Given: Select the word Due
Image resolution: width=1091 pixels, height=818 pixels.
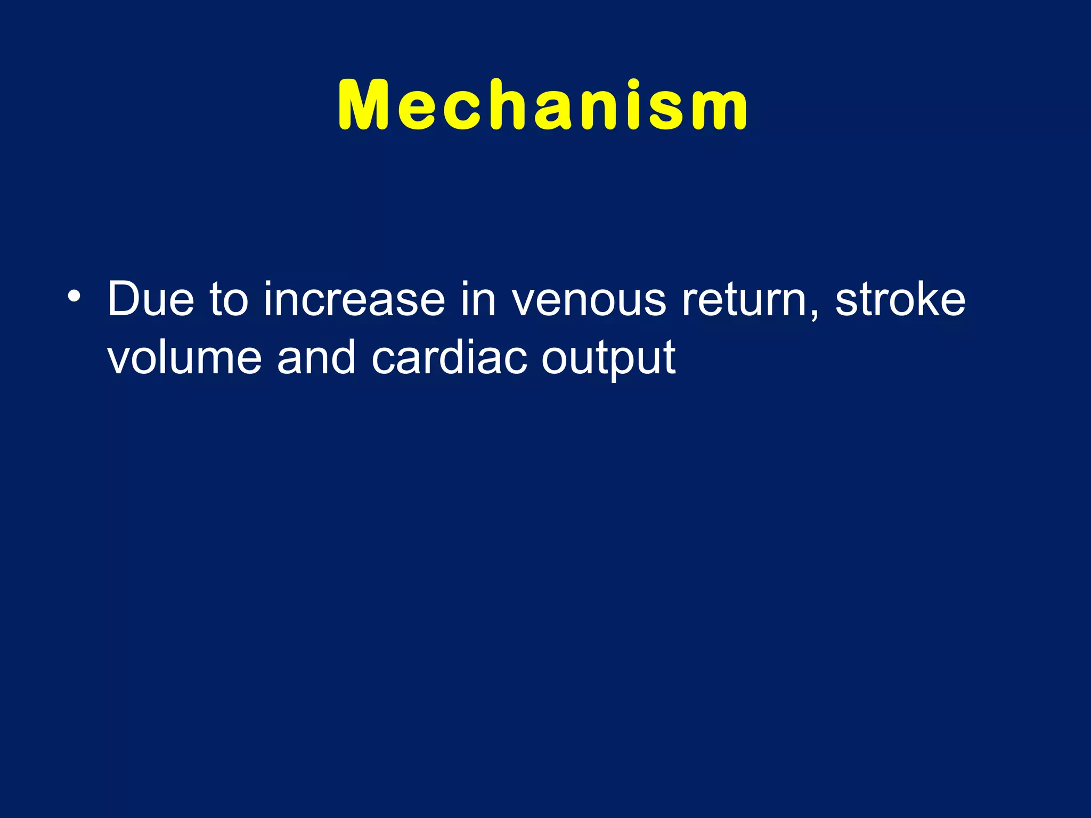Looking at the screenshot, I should (151, 299).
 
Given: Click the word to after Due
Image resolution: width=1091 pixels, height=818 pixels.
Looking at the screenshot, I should (229, 299).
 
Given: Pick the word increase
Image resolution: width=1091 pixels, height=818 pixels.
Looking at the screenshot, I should (354, 299).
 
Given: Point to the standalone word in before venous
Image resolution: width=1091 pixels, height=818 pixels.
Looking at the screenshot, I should (478, 299).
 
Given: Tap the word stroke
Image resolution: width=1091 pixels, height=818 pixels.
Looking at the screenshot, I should (900, 299).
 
